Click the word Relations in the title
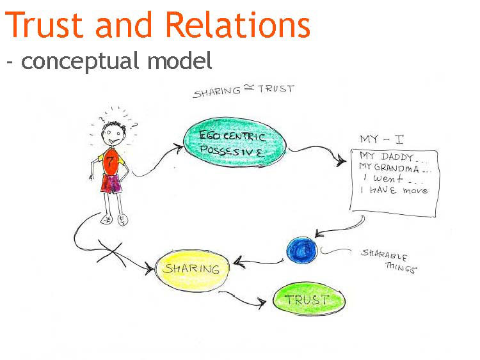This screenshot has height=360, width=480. (237, 25)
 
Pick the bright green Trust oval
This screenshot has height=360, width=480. (308, 299)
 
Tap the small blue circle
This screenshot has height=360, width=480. (302, 249)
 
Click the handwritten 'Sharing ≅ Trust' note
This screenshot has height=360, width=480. (243, 91)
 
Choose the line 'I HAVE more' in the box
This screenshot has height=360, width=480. (394, 191)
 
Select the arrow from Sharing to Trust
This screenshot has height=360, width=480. (243, 299)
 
